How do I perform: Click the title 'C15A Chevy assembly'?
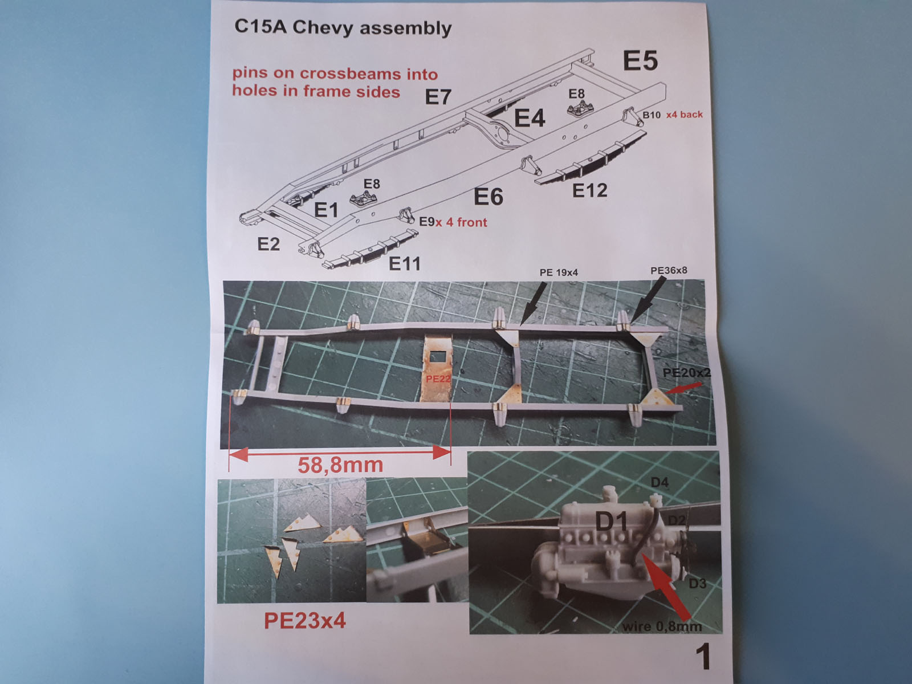(343, 28)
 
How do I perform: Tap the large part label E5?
(640, 61)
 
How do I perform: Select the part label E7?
(438, 97)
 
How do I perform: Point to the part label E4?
(530, 119)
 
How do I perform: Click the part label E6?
(488, 197)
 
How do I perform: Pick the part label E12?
(589, 190)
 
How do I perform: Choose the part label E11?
(405, 263)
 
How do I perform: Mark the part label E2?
(268, 244)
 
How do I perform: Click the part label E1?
(327, 210)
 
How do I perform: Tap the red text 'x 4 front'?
(461, 222)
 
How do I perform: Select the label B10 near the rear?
(652, 115)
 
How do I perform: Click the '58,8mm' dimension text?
(340, 465)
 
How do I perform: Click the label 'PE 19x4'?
(559, 272)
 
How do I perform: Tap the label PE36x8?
(669, 270)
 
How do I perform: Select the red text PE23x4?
(305, 621)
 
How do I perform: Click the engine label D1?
(612, 522)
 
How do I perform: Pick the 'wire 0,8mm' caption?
(662, 626)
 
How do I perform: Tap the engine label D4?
(659, 483)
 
